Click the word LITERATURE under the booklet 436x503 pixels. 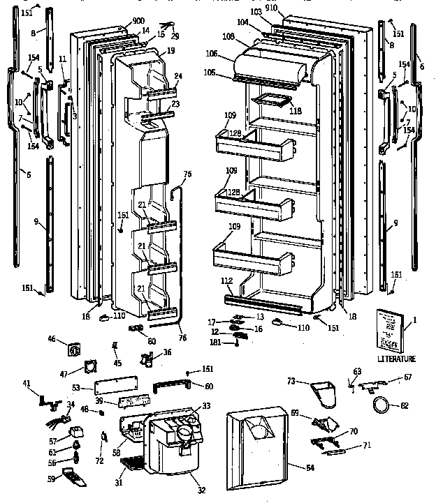pos(395,359)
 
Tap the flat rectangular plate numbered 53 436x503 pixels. pos(112,387)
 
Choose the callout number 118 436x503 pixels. pos(296,110)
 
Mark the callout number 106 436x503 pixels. pos(212,54)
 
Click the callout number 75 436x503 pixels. pos(187,174)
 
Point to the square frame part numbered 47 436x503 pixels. pos(90,368)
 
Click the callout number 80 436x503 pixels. pos(152,341)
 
